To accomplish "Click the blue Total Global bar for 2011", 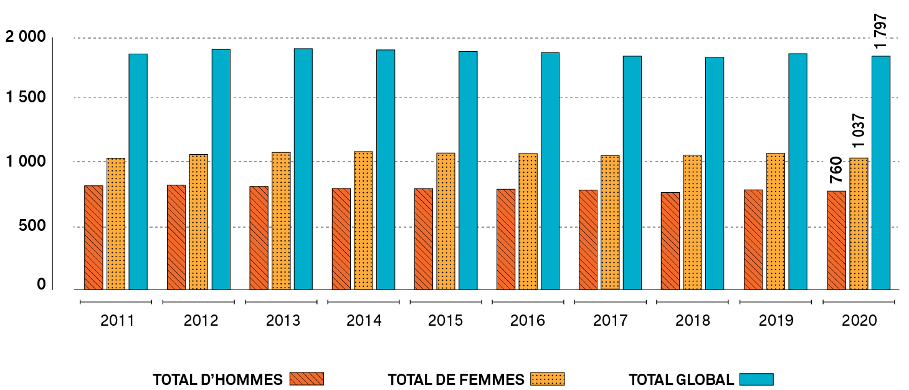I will coord(138,172).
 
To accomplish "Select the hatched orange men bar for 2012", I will coord(176,237).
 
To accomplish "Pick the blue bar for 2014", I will coord(386,169).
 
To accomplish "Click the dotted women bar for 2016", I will coord(528,221).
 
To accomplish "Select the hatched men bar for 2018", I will coord(670,241).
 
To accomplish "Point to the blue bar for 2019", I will coord(797,171).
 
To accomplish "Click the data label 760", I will coord(836,170).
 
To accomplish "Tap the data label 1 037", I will coord(859,130).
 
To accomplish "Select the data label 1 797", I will coord(880,31).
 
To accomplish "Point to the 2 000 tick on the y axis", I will coord(26,37).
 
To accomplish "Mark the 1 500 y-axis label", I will coord(26,97).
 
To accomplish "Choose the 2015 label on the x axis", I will coord(445,321).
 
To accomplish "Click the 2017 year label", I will coord(611,321).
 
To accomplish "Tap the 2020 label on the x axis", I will coord(859,321).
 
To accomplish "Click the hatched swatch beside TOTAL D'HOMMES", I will coord(307,379).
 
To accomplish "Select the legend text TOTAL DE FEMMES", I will coord(455,379).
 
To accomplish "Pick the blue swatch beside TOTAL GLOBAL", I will coord(756,379).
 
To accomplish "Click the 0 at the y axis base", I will coord(41,285).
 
